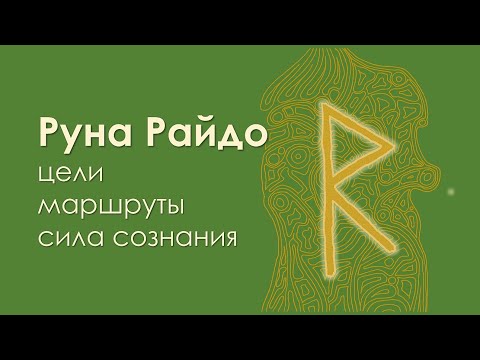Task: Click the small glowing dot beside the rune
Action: coord(451,190)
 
